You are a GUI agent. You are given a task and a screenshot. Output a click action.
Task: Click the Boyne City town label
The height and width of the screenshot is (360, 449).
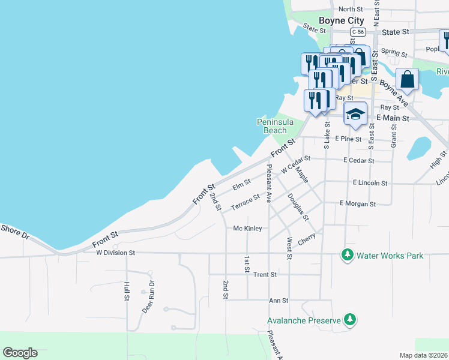coord(341,20)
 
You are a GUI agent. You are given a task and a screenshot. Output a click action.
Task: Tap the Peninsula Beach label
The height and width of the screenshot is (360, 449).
coord(276,126)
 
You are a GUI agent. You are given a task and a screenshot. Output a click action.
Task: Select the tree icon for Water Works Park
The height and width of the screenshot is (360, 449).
coord(347,255)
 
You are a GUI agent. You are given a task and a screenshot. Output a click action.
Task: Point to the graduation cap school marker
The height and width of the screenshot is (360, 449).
coord(355,114)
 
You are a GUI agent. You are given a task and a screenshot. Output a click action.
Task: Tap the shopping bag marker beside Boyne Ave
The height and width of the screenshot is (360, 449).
coord(407,80)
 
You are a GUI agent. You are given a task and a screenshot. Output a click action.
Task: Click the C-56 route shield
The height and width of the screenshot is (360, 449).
coord(358,31)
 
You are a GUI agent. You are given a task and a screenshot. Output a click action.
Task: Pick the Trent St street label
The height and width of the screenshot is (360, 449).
coord(265,274)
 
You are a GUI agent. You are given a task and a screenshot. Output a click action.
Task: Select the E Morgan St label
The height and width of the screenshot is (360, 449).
coord(357,204)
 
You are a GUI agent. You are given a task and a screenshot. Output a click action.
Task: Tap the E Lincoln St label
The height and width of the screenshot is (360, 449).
coord(370,182)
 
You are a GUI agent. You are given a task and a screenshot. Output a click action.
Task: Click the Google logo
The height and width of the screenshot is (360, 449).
coord(20,353)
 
